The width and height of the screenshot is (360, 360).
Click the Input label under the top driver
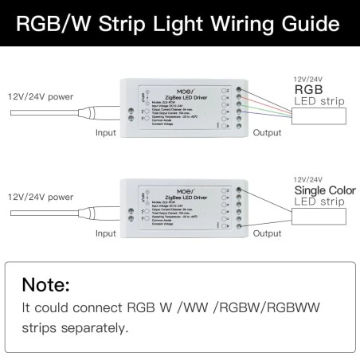point(106,133)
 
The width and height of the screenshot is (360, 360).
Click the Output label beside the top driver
point(267,133)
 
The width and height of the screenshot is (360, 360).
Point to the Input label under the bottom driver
point(106,233)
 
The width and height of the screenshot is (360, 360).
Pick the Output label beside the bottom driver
point(267,233)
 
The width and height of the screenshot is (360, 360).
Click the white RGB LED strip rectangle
point(323,116)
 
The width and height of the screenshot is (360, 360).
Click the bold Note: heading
point(45,284)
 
